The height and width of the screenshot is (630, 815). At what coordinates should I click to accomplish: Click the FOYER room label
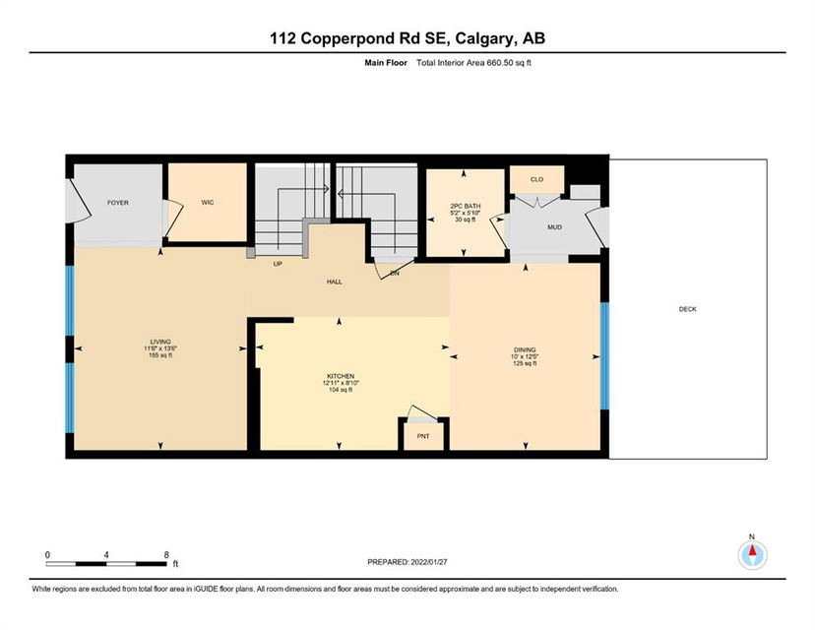118,203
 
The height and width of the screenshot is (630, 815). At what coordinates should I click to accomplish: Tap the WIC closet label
208,202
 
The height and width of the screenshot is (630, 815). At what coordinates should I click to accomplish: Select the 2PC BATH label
466,206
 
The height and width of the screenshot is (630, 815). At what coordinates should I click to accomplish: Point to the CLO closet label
536,179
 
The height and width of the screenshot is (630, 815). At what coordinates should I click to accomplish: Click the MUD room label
554,227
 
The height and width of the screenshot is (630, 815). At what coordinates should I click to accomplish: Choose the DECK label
688,309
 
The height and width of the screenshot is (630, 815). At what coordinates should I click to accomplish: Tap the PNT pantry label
423,436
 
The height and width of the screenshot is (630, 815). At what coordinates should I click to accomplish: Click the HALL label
335,282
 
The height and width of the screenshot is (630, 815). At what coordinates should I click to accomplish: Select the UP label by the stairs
278,264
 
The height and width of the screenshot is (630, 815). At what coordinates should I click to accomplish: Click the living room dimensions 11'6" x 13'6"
160,348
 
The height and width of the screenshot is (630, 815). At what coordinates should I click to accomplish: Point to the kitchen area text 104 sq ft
341,390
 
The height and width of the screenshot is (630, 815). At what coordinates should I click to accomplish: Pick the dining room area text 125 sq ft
525,363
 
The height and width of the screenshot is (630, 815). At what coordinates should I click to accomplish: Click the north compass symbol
752,554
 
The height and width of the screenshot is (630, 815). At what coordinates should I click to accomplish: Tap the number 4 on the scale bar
106,555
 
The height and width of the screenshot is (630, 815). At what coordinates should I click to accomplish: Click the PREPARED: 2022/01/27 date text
407,562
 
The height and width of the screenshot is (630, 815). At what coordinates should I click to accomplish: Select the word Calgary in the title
485,38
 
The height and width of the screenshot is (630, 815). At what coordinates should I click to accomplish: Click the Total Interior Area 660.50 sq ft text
473,63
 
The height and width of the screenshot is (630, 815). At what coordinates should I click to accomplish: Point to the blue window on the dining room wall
604,356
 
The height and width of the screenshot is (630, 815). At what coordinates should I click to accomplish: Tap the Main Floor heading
386,63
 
